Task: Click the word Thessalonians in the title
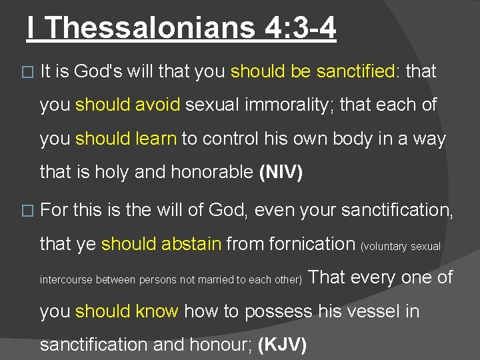[151, 28]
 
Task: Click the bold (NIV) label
[281, 173]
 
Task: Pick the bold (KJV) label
[282, 345]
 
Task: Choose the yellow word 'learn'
[157, 139]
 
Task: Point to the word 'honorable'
[213, 173]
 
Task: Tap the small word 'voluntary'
[385, 247]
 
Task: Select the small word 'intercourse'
[67, 279]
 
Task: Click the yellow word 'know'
[157, 311]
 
